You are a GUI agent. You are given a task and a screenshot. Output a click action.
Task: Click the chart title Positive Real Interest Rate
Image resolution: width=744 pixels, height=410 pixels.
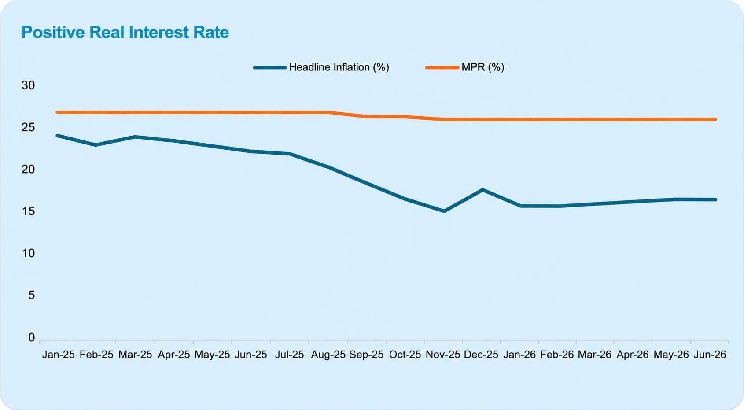125,33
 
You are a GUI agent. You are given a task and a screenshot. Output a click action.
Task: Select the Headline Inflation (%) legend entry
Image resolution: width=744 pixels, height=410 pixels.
321,67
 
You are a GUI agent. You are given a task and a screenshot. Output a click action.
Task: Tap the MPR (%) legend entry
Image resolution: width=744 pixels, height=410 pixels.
465,67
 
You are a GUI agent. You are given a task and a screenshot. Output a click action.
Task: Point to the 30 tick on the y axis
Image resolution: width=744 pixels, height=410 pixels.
28,85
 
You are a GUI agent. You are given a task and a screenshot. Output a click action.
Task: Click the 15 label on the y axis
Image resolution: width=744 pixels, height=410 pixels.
28,211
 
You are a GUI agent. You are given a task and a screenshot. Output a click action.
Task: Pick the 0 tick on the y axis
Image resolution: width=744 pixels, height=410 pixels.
32,337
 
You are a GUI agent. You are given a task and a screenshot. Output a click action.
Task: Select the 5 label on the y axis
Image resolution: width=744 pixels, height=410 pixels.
32,295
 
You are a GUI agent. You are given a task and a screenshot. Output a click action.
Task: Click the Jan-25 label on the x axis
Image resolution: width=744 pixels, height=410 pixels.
59,355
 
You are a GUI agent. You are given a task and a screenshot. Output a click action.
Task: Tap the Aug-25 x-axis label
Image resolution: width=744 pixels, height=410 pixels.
328,355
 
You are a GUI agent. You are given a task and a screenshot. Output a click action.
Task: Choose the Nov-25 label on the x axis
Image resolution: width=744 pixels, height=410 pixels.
443,355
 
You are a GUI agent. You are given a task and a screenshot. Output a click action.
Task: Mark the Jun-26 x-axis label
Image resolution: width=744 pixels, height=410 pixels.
710,355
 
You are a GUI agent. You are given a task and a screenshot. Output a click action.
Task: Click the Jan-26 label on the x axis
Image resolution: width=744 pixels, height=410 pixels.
519,355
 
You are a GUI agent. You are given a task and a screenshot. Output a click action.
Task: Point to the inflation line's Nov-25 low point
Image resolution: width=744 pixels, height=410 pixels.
444,211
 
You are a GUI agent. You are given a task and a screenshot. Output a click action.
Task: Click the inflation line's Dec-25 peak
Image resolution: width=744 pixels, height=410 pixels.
482,190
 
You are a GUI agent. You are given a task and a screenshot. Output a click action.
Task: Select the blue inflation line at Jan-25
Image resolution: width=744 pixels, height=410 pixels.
58,136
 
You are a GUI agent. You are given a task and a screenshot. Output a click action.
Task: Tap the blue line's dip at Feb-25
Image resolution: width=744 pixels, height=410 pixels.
96,145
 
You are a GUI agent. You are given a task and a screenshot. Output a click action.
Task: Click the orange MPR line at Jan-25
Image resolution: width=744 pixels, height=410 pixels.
58,112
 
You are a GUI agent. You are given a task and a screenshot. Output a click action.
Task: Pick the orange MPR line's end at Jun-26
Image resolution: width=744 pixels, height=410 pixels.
715,119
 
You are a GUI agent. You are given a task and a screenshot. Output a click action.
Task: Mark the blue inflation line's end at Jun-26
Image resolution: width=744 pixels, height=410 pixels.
715,199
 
